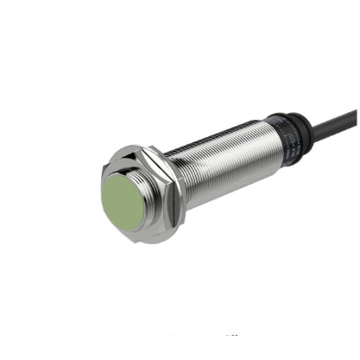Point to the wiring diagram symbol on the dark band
point(291,138)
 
